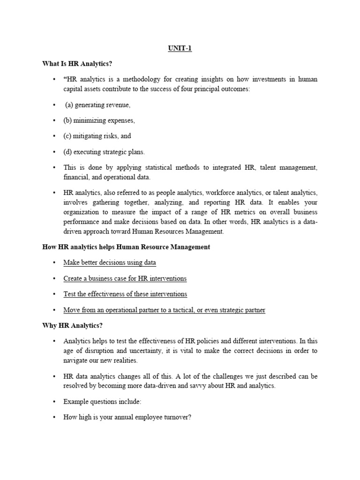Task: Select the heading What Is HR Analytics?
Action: [77, 64]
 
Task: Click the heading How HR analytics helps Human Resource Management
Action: [126, 247]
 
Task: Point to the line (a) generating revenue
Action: [97, 105]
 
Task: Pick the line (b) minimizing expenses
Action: [99, 120]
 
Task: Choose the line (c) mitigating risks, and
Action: [97, 136]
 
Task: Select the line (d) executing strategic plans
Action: [104, 152]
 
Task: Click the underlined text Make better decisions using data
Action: [110, 262]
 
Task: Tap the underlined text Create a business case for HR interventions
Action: [125, 278]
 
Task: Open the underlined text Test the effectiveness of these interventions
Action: [125, 294]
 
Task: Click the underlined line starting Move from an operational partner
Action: [164, 310]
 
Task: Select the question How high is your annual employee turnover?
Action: [127, 417]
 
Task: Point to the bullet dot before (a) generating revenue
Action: [54, 105]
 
